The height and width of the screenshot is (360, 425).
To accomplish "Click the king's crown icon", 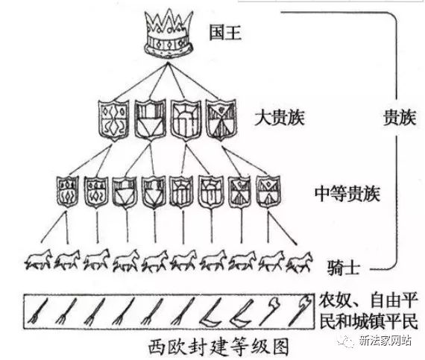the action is [169, 33].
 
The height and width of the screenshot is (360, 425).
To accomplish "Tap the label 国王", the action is [225, 33].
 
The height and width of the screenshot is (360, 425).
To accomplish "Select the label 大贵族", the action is [280, 118].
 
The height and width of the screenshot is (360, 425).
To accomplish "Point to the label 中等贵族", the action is [347, 193].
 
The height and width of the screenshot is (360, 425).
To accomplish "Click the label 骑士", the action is [344, 268].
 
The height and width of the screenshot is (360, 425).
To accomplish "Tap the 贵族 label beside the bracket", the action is [400, 118].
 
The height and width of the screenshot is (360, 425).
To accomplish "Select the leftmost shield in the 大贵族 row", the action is [113, 120].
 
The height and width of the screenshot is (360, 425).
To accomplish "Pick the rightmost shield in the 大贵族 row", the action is [221, 119].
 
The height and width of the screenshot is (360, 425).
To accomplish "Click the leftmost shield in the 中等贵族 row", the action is [68, 192].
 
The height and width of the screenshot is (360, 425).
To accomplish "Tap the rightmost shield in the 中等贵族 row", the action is [268, 192].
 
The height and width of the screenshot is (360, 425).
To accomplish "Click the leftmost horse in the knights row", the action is [39, 260].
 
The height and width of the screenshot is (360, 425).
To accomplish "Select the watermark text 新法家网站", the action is [385, 340].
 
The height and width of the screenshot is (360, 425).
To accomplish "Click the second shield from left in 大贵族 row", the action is [150, 120].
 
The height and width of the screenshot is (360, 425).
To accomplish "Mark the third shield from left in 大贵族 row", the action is [186, 120].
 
